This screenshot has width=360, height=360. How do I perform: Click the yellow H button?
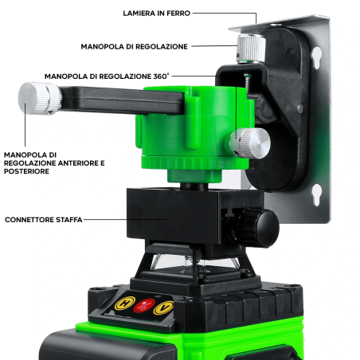point(124,303)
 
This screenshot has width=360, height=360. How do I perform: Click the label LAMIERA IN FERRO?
point(156,14)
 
